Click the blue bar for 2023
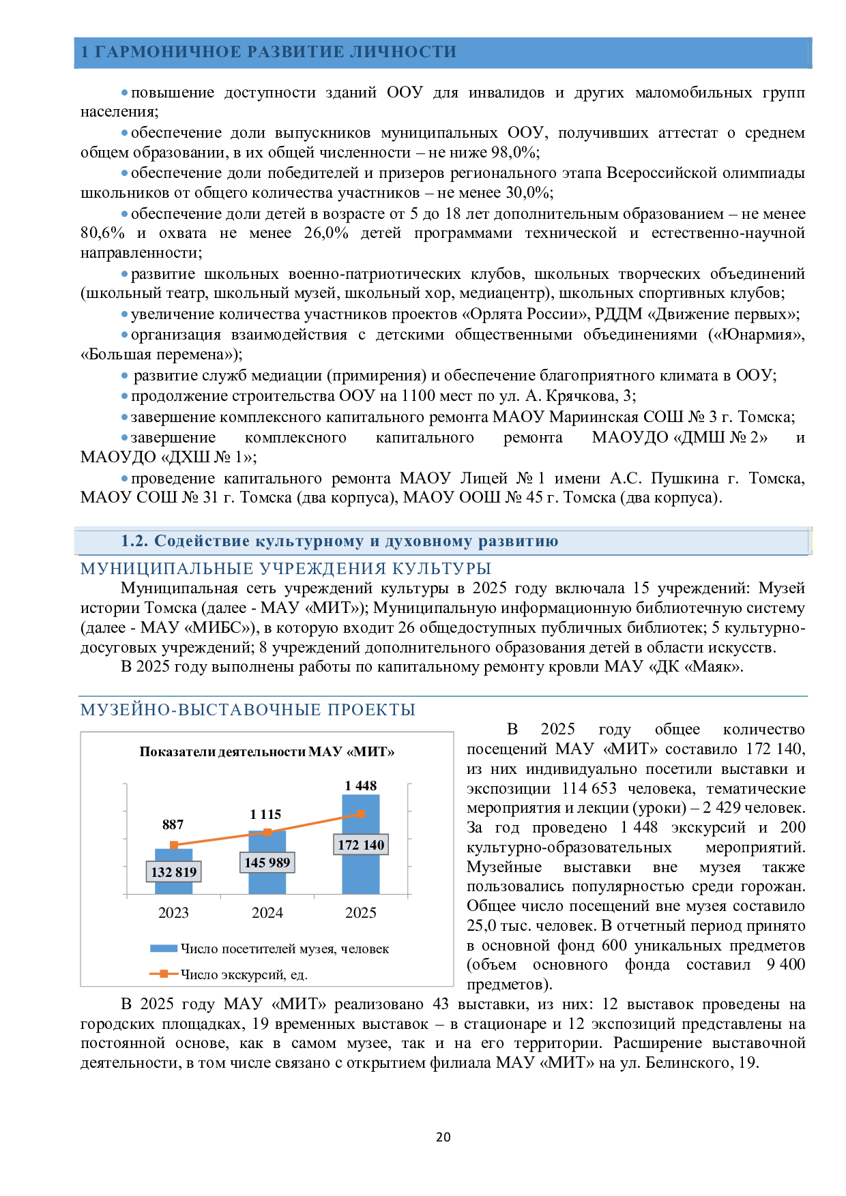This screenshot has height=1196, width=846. tap(173, 871)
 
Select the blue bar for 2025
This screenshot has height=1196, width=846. tap(361, 844)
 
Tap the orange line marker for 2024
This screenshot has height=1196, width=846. tap(267, 832)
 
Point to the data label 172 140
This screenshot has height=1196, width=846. tap(361, 845)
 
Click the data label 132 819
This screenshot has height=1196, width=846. tap(174, 871)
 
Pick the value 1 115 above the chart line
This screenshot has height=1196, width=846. tap(265, 814)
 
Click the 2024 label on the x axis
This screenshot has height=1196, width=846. tap(267, 913)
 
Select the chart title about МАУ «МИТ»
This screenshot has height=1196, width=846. tap(267, 751)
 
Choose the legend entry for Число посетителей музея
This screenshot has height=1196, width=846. tap(269, 948)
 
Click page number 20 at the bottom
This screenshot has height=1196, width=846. tap(443, 1137)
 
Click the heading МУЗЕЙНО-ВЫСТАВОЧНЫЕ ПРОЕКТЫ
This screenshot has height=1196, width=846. tap(248, 710)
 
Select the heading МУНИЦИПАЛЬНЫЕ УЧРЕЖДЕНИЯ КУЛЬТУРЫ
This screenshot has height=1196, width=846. tap(286, 569)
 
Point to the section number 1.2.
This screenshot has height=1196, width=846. tap(134, 541)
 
